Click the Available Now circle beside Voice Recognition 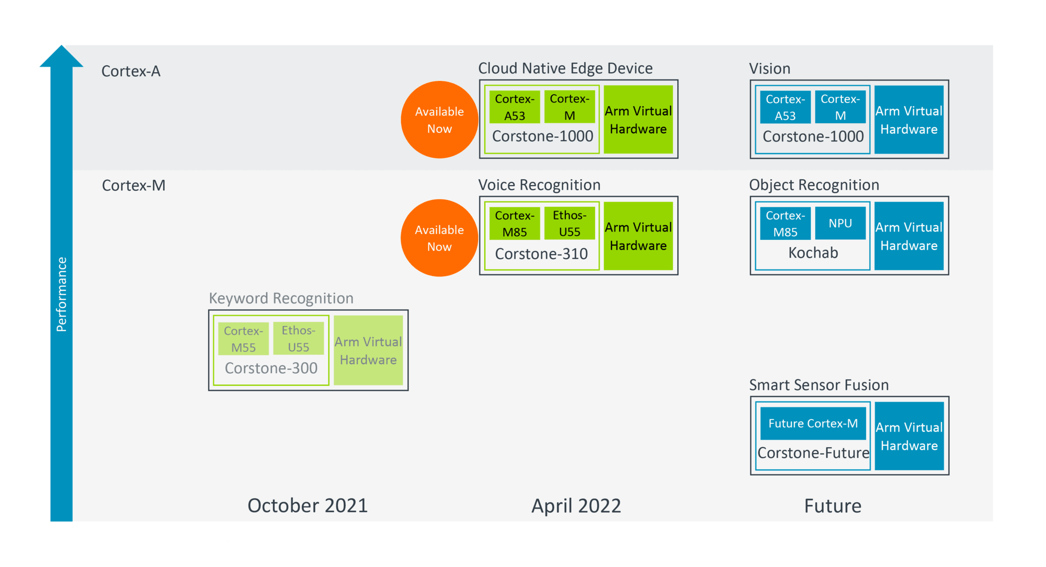point(439,238)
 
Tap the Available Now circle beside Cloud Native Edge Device point(439,120)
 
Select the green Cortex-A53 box point(515,107)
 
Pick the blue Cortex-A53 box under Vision point(785,107)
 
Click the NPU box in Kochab point(840,223)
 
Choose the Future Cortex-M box point(813,423)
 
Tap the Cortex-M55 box point(244,339)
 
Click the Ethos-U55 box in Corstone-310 point(570,223)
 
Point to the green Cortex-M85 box point(515,223)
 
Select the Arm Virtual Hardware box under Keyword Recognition point(368,350)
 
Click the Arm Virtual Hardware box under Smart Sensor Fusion point(909,436)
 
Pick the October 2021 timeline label point(308,506)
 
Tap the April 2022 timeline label point(576,506)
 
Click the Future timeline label point(833,506)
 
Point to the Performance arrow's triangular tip point(61,46)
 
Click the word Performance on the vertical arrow point(61,294)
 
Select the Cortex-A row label point(131,71)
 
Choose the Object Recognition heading point(814,185)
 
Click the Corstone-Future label point(813,453)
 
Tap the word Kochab point(813,253)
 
